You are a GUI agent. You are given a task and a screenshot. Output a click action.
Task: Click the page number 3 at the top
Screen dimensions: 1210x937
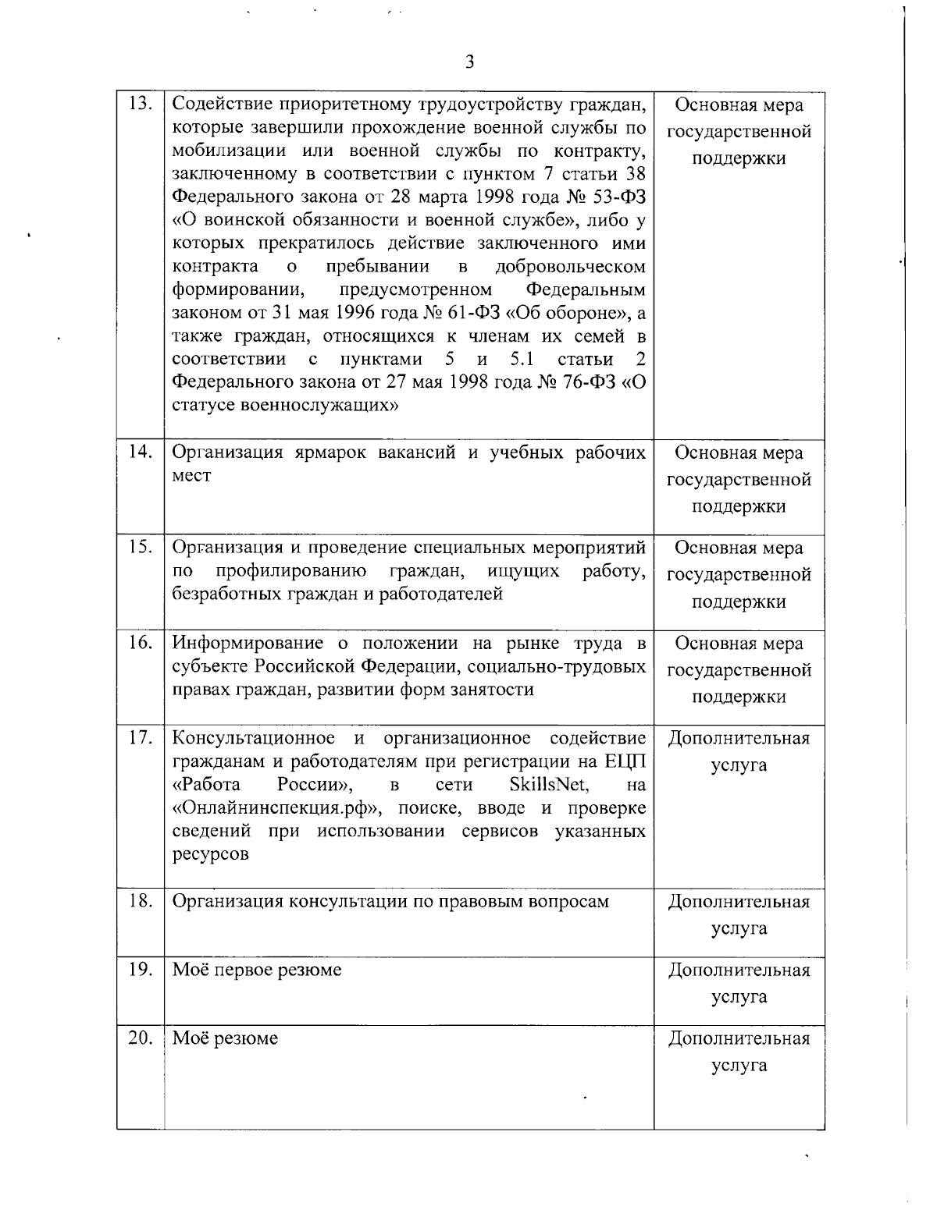click(469, 62)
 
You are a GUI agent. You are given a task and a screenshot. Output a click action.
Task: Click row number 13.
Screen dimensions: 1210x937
click(140, 105)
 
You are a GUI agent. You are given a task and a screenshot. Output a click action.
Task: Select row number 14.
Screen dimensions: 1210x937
click(140, 452)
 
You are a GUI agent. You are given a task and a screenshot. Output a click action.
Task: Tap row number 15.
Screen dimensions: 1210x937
click(140, 548)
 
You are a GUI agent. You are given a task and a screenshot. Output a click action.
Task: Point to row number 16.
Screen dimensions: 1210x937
click(140, 644)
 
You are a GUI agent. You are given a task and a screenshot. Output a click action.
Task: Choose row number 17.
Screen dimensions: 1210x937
click(140, 738)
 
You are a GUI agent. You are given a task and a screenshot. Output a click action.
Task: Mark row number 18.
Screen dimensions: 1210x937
click(140, 902)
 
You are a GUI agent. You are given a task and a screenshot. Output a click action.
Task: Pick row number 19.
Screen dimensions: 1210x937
click(140, 970)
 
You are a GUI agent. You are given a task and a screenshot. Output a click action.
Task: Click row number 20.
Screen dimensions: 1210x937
click(140, 1038)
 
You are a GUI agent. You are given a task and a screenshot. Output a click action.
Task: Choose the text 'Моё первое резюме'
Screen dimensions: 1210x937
click(257, 970)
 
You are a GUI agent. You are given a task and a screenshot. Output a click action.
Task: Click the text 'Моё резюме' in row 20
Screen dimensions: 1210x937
click(225, 1038)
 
